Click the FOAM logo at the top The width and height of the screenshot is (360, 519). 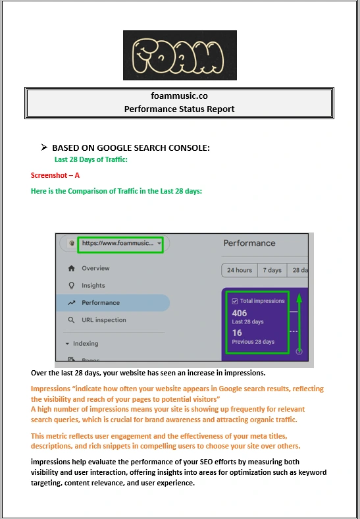tap(180, 55)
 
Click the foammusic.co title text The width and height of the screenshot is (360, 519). tap(179, 96)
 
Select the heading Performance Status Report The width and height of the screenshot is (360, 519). tap(179, 109)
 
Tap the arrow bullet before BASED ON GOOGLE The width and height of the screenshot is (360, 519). tap(44, 148)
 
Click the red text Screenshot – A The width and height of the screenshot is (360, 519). tap(55, 175)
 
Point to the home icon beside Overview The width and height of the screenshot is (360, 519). tap(71, 269)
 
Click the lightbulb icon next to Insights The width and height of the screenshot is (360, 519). tap(71, 285)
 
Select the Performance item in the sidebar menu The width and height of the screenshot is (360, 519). tap(113, 302)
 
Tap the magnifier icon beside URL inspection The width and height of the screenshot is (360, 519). tap(71, 320)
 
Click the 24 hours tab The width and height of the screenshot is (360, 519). tap(240, 270)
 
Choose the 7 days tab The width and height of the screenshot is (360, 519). tap(272, 270)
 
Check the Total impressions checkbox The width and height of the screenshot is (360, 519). tap(234, 301)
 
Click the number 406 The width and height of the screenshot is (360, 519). tap(239, 313)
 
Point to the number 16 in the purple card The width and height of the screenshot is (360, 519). tap(237, 333)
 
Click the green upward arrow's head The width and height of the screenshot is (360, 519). tap(299, 298)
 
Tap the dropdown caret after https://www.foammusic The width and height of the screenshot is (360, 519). tap(159, 244)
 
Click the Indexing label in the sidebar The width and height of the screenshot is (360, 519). tap(86, 344)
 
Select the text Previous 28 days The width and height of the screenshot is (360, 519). tap(253, 342)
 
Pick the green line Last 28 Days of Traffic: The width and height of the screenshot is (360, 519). tap(91, 159)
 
